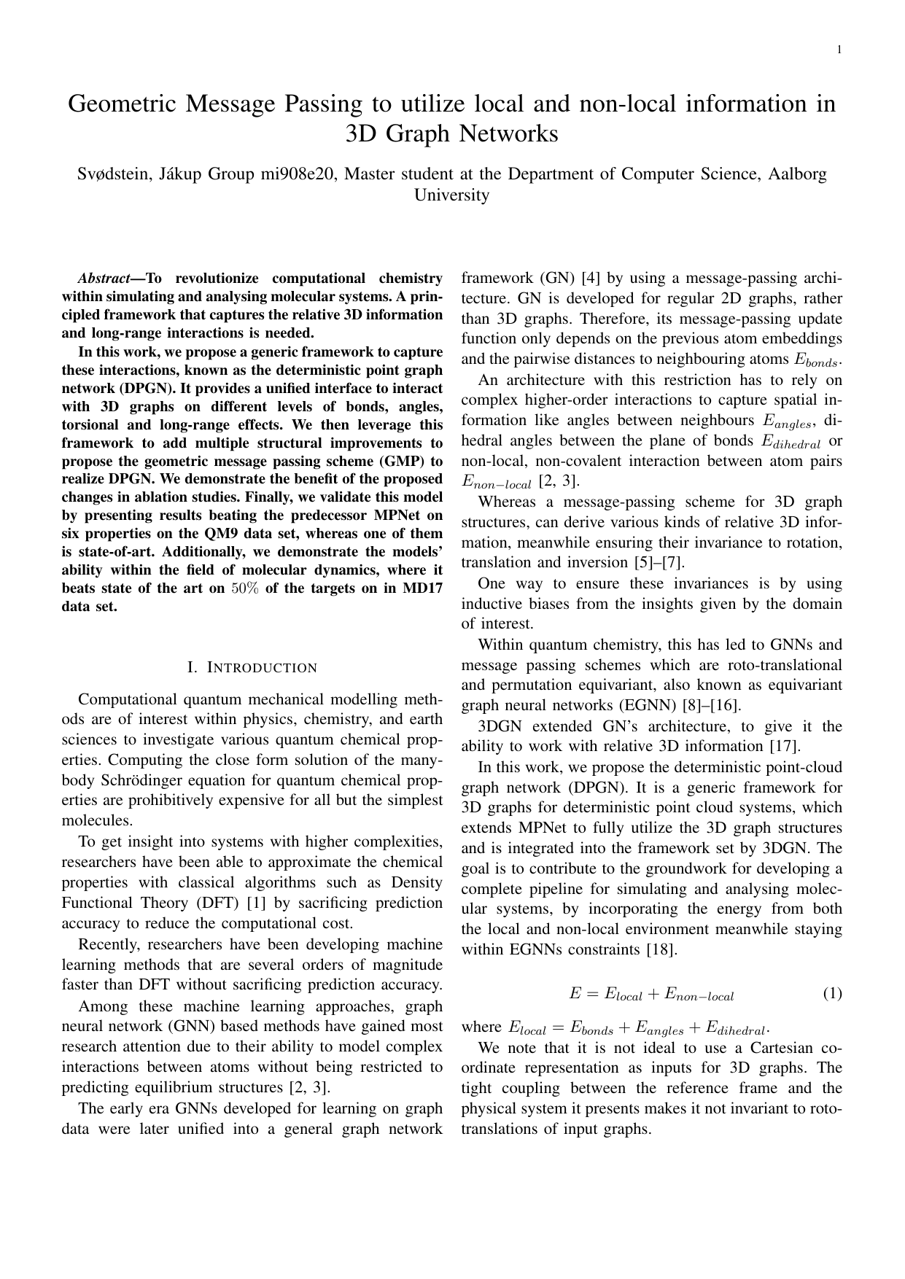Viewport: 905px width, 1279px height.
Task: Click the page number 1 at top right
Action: pyautogui.click(x=839, y=49)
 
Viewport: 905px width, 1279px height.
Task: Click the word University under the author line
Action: pyautogui.click(x=451, y=195)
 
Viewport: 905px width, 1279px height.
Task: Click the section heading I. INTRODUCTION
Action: pyautogui.click(x=252, y=668)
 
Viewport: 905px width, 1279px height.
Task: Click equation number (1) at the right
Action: pyautogui.click(x=832, y=993)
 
